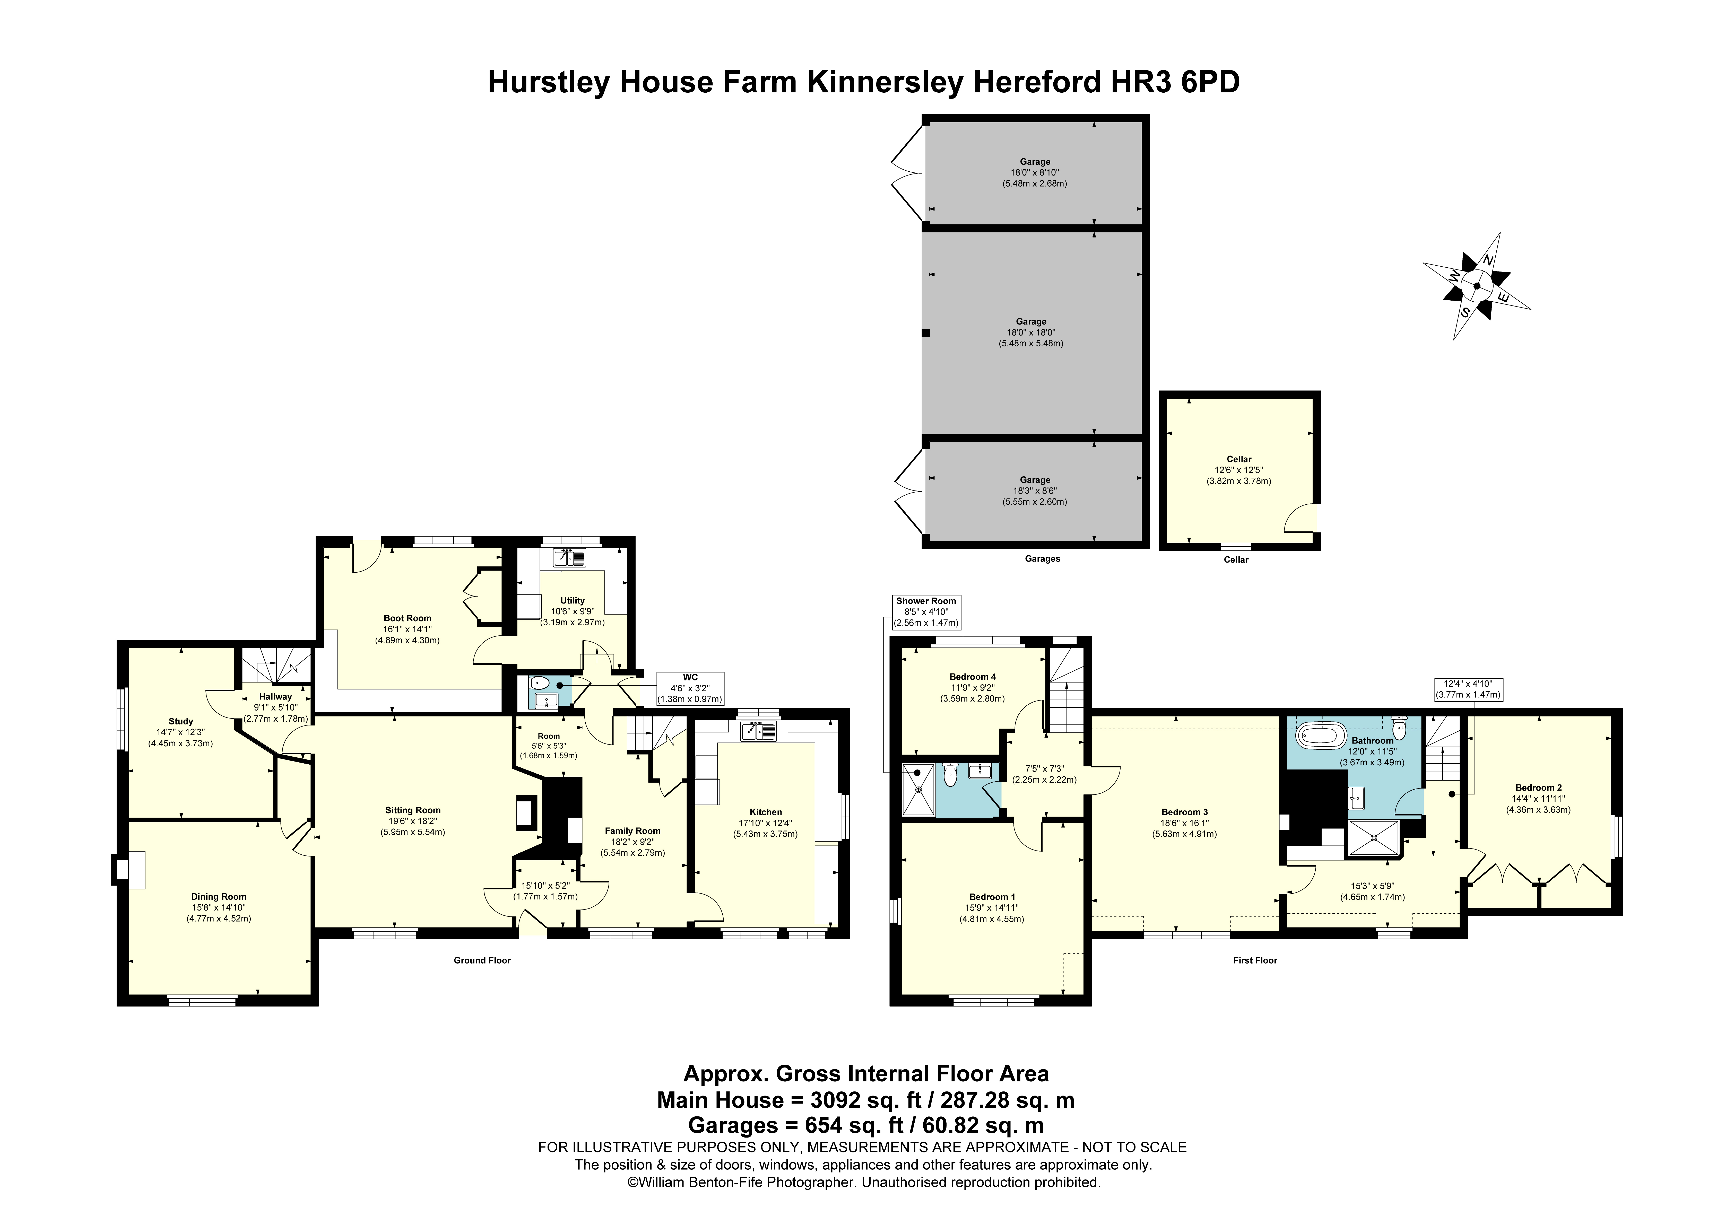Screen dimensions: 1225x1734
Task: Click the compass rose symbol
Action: tap(1477, 286)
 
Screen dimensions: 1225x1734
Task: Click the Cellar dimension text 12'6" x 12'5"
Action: tap(1238, 470)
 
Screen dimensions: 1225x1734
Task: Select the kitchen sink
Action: tap(758, 730)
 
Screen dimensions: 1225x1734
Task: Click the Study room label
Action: tap(180, 721)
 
